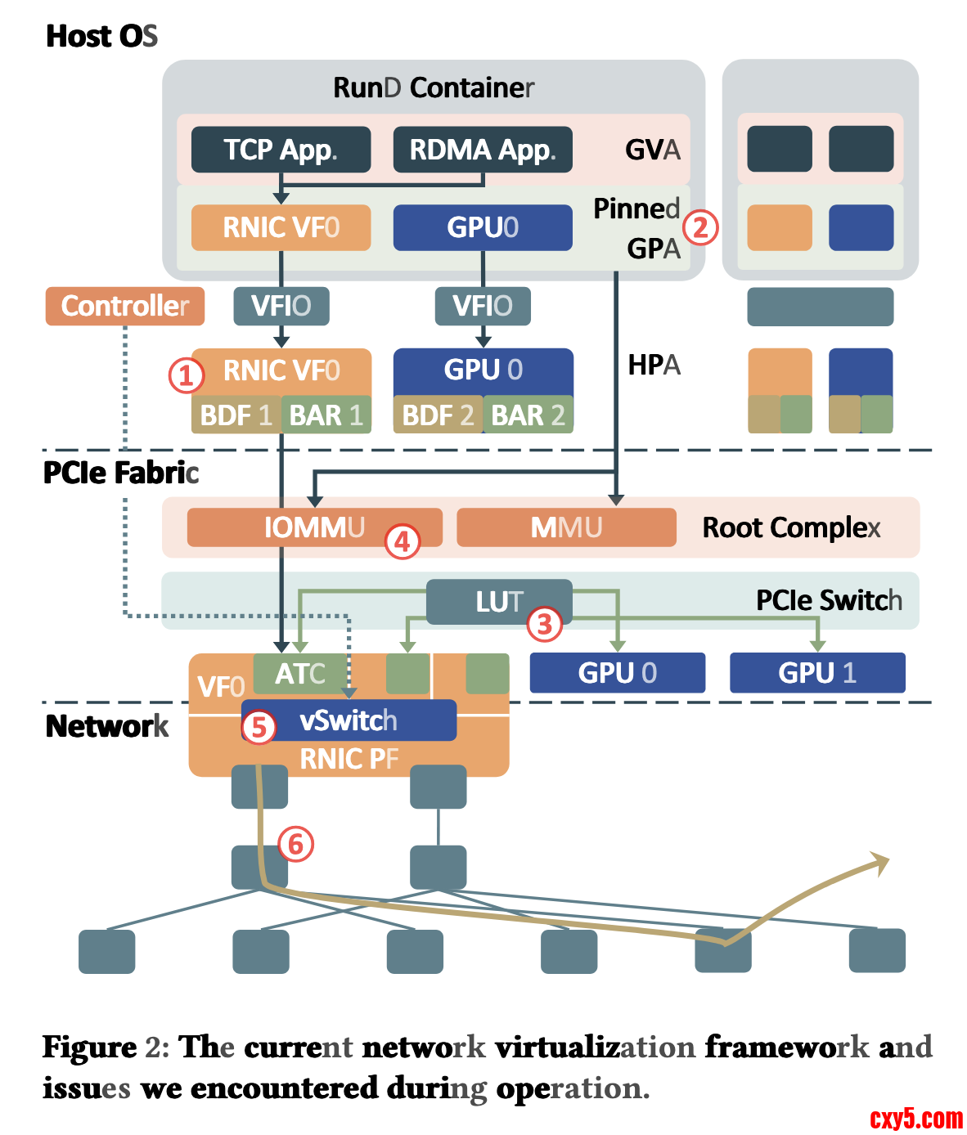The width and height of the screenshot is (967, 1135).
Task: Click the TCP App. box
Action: (x=281, y=150)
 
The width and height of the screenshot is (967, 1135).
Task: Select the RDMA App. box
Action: (x=483, y=150)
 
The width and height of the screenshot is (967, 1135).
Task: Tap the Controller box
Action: (x=124, y=306)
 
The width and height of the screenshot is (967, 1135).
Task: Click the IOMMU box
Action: (x=314, y=527)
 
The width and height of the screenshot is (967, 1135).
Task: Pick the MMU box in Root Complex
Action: (x=566, y=527)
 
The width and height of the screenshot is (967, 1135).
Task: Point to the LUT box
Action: (x=499, y=602)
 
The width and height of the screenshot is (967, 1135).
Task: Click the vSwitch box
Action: (x=349, y=720)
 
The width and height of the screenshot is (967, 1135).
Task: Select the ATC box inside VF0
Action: (x=300, y=674)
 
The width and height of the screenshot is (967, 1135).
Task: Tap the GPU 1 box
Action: (x=817, y=673)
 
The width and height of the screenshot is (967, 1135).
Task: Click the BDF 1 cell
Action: (x=236, y=415)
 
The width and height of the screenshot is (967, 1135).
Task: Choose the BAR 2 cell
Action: (x=528, y=415)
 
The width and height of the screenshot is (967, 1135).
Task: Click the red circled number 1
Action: (x=186, y=375)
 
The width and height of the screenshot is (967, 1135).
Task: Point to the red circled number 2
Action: (x=700, y=227)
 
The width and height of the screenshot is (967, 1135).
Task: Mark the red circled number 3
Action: (x=545, y=625)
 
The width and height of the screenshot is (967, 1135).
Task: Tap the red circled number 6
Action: (x=296, y=844)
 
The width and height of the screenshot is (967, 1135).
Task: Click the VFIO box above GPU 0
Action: (x=483, y=306)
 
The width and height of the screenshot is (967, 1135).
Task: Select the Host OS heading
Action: (x=101, y=36)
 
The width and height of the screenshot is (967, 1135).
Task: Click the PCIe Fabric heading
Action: (x=120, y=473)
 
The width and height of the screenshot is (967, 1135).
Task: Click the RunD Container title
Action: (x=434, y=87)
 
